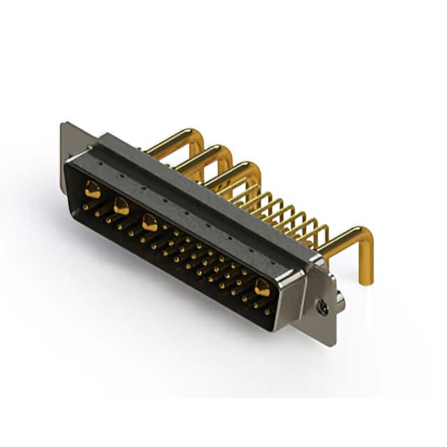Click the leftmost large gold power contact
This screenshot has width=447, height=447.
[92, 189]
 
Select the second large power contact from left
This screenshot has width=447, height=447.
[121, 205]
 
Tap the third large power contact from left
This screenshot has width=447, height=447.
[149, 223]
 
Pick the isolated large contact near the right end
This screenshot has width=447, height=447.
[263, 286]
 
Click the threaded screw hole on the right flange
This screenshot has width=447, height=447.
[322, 306]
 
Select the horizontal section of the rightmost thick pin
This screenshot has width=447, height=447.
[342, 238]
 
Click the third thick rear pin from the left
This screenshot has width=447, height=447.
[234, 171]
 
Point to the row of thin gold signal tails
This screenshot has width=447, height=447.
[286, 210]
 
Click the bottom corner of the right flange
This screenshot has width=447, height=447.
[332, 344]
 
